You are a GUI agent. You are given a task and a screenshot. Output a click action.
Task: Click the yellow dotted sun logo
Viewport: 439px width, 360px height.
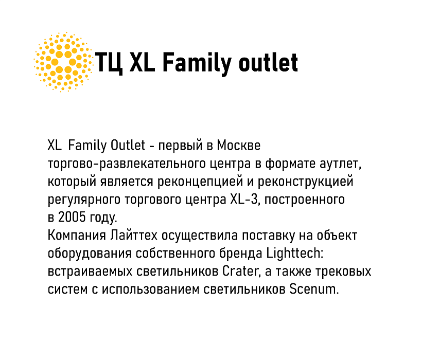point(63,62)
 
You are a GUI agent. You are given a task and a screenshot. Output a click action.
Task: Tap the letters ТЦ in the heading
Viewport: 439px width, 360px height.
point(109,63)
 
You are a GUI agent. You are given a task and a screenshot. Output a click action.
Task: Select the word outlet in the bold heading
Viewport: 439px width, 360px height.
point(268,63)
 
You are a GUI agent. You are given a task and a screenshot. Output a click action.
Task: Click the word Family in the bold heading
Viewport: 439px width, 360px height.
point(197,64)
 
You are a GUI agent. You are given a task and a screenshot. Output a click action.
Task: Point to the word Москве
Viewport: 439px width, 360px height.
point(238,146)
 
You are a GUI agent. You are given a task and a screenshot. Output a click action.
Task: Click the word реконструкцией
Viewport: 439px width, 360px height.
point(306,183)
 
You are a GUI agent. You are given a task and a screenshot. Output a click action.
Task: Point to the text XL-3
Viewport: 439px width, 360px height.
point(243,200)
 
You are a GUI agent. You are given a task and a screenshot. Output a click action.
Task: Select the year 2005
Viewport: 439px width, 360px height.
point(72,218)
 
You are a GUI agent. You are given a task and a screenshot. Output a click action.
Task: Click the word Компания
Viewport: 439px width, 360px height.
point(77,235)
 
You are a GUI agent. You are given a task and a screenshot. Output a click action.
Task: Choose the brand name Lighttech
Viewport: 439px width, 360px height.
point(295,253)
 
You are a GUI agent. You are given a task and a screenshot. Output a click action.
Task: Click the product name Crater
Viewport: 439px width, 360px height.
point(240,271)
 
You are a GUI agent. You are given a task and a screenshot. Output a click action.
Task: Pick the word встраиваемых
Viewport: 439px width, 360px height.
point(90,272)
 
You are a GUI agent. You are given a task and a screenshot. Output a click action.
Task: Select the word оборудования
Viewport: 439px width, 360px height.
point(90,254)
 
